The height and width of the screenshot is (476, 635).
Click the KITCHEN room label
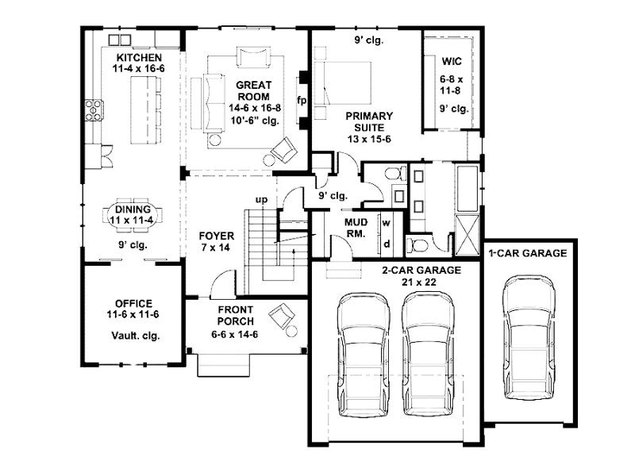point(139,57)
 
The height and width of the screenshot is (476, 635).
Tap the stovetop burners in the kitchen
point(94,110)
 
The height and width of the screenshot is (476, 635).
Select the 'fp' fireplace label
point(302,100)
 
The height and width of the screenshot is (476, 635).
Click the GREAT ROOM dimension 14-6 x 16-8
point(255,108)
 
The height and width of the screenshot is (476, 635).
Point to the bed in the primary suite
point(343,83)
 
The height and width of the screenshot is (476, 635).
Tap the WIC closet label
point(452,62)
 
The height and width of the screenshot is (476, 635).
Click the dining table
point(133,215)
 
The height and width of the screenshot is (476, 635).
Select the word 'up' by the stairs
point(262,200)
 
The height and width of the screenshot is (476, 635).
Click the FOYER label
point(216,236)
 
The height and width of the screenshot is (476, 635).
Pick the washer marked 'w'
point(386,223)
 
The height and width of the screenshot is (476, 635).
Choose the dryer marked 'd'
point(387,244)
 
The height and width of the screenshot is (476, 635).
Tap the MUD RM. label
point(356,228)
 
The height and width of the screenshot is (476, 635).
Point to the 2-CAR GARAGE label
point(421,270)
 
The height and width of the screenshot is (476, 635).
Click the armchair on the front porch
point(283,314)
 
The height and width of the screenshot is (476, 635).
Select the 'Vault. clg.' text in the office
point(135,336)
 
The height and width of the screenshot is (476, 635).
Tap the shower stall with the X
point(468,234)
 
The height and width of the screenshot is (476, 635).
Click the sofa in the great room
point(214,103)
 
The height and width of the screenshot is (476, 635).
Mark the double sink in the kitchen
point(120,40)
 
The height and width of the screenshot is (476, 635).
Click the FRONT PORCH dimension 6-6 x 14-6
point(235,334)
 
